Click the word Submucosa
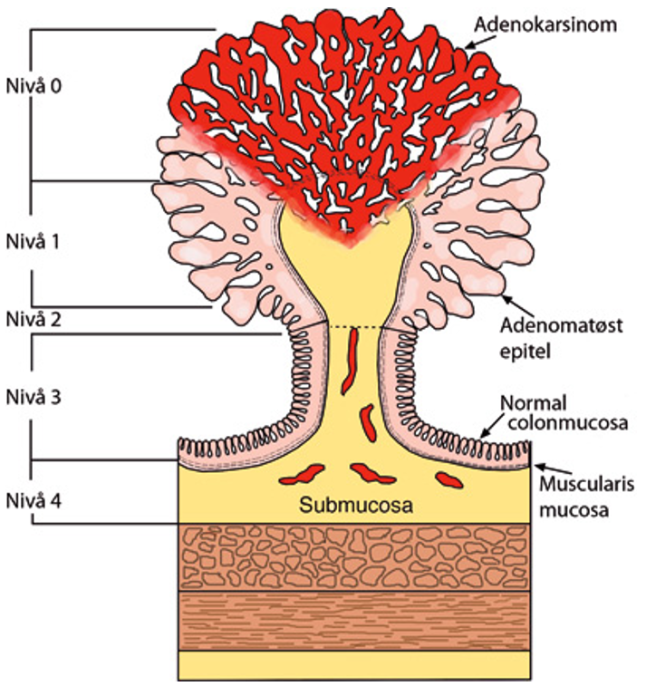[352, 506]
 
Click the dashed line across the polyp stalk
[354, 326]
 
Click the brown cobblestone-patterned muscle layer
[352, 556]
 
